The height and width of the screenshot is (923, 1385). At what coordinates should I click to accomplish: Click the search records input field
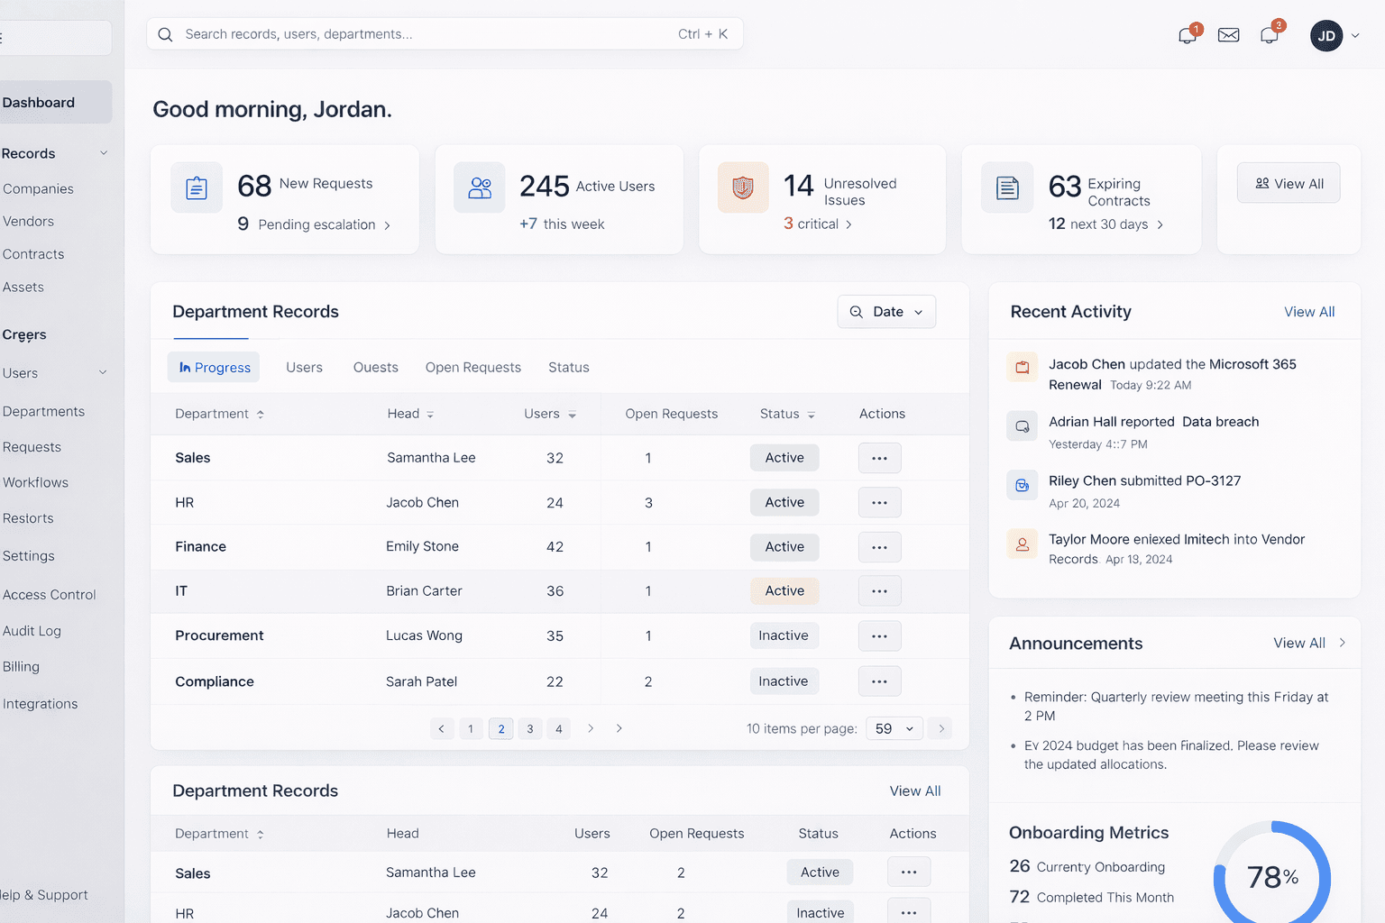tap(424, 34)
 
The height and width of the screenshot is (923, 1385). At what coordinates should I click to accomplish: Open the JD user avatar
tap(1325, 36)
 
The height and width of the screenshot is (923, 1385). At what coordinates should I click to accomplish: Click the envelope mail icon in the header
tap(1228, 35)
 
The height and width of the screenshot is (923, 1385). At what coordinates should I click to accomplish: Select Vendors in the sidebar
tap(29, 222)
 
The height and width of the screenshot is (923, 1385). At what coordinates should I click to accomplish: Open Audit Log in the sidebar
tap(32, 631)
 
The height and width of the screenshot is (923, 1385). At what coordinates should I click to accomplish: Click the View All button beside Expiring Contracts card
tap(1289, 183)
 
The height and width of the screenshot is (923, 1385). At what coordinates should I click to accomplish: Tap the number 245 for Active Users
tap(544, 186)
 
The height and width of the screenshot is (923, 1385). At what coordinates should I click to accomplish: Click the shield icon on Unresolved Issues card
tap(743, 187)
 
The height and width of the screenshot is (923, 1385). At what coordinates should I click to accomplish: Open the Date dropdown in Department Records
tap(886, 312)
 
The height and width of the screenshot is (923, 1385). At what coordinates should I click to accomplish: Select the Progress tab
tap(214, 368)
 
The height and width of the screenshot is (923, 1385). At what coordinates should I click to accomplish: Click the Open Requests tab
tap(472, 368)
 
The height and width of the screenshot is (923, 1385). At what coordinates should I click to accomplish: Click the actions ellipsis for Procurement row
tap(879, 636)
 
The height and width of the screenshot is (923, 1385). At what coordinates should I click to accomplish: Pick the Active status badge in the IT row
tap(784, 591)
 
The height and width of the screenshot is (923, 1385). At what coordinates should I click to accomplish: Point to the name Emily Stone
tap(422, 546)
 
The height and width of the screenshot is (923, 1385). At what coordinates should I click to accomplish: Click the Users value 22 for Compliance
tap(555, 682)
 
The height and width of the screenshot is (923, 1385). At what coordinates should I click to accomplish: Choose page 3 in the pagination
tap(530, 729)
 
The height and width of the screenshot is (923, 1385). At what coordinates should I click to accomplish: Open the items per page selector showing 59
tap(894, 729)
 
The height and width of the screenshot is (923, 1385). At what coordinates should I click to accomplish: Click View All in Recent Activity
tap(1309, 312)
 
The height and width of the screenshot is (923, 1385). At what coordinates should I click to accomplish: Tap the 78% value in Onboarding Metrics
tap(1271, 877)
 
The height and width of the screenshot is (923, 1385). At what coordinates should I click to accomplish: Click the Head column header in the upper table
tap(404, 414)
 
